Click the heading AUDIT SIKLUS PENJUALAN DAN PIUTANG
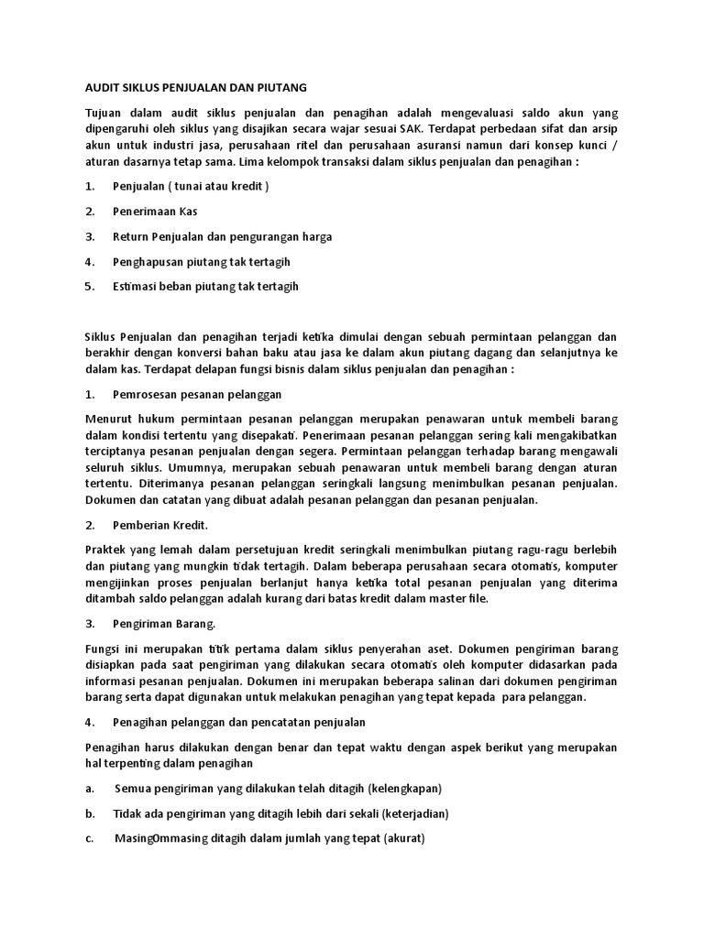[x=195, y=87]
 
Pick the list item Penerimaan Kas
[x=155, y=212]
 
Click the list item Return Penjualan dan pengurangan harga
[x=222, y=236]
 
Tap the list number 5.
[x=89, y=286]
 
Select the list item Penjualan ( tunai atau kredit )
[x=191, y=187]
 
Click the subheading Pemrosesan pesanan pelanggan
[x=196, y=394]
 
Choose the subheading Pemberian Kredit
[x=159, y=526]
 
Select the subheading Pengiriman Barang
[x=164, y=624]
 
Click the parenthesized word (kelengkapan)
[x=404, y=789]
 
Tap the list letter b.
[x=89, y=813]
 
